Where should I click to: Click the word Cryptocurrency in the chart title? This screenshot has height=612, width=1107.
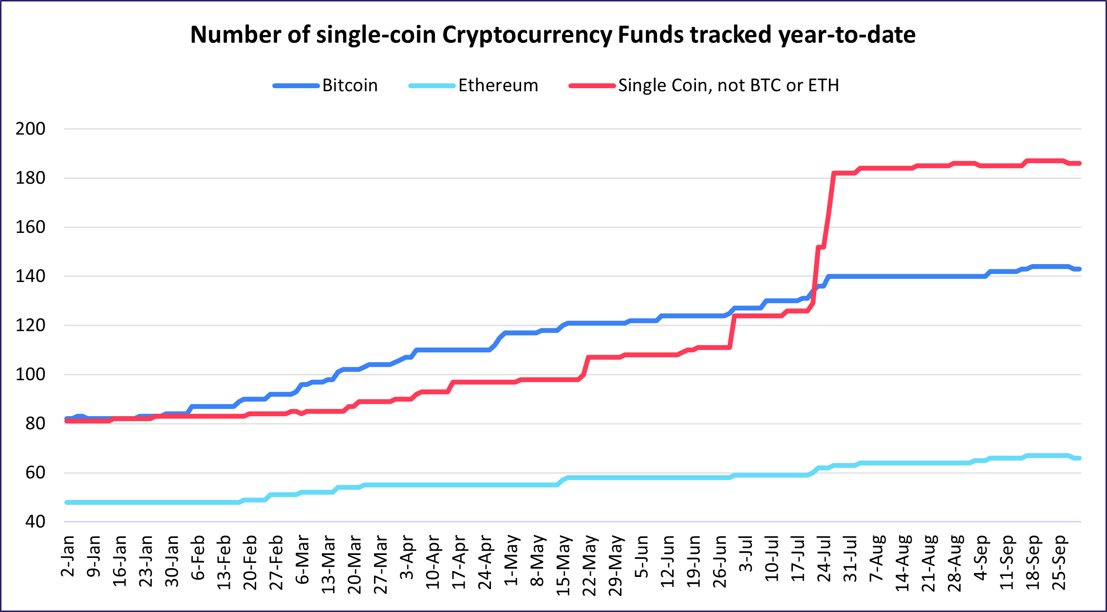[x=526, y=35]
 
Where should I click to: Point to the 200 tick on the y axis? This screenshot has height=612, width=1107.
[x=30, y=129]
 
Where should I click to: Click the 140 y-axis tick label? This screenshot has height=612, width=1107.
[x=30, y=276]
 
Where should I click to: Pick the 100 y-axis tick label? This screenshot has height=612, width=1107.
[x=30, y=375]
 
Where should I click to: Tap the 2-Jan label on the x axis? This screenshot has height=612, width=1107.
[x=68, y=556]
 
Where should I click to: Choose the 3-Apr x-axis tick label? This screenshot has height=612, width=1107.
[x=407, y=557]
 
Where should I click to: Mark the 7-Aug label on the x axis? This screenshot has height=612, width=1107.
[x=877, y=557]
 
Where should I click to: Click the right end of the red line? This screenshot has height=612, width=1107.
[x=1079, y=163]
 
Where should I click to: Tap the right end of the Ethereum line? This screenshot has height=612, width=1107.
[x=1079, y=458]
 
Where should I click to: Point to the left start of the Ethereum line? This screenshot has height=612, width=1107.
[x=67, y=502]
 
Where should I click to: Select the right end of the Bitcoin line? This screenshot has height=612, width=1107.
[x=1079, y=269]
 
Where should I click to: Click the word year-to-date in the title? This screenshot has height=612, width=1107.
[x=847, y=35]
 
